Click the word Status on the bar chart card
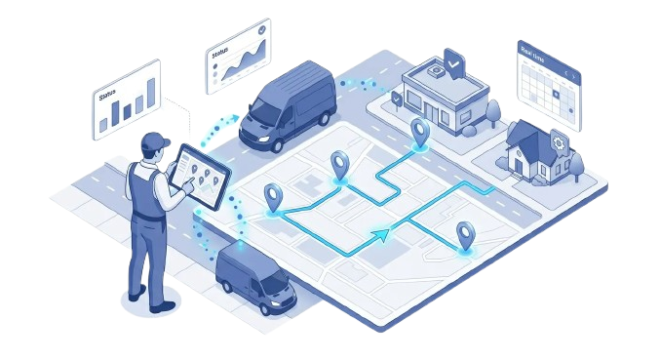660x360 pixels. (x=106, y=96)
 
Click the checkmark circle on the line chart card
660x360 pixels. (x=258, y=33)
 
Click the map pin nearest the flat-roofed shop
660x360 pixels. (x=420, y=131)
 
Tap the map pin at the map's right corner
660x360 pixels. (x=466, y=234)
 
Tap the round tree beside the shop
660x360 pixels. (x=495, y=109)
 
